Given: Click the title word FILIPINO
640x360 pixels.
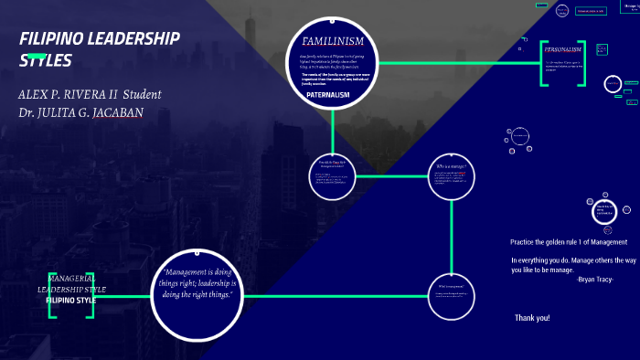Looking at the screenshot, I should pos(59,38).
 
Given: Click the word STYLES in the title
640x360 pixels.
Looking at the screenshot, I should pos(45,60).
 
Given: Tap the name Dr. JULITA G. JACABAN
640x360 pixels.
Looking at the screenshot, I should pos(80,113).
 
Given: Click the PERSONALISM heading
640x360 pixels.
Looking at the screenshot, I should pos(563,49).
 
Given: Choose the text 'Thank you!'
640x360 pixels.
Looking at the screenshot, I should pos(531,318).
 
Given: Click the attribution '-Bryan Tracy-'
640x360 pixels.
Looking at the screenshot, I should pos(595,280).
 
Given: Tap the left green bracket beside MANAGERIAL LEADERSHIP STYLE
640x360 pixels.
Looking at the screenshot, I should pos(51,295).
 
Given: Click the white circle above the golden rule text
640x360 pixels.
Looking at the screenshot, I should pos(607,213).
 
